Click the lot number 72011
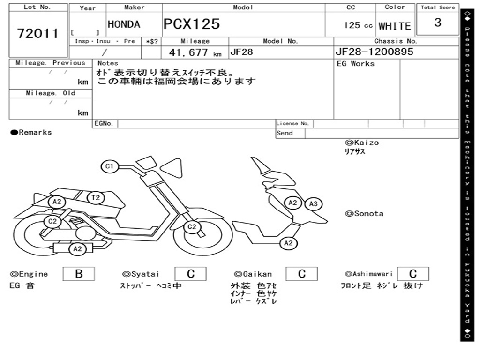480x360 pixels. pos(38,33)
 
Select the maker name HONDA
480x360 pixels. pos(124,24)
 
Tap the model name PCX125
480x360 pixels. pos(191,24)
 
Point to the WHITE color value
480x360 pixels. pos(394,26)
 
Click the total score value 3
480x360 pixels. pos(437,22)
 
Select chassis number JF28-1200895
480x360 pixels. pos(374,52)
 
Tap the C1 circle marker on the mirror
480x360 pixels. pos(110,166)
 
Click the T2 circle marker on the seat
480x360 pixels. pos(96,198)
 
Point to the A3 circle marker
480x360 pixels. pos(313,204)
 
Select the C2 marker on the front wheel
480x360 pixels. pos(192,227)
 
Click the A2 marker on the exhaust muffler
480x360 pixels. pos(77,249)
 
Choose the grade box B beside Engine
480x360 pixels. pos(78,274)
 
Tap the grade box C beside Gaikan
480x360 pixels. pos(302,274)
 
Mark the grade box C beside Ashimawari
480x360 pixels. pos(412,274)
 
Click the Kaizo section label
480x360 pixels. pos(362,142)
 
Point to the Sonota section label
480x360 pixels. pos(364,214)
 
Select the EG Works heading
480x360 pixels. pos(356,64)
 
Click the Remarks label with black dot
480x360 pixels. pos(31,133)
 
